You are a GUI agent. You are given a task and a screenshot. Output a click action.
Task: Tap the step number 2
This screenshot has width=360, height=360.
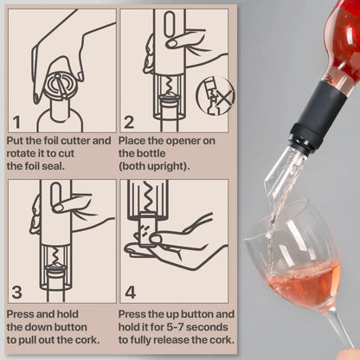tap(130, 122)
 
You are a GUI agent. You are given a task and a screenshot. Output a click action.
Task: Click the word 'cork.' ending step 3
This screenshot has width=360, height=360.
tap(93, 341)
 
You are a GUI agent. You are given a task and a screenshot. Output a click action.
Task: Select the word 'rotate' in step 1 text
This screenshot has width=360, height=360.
tap(22, 153)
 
